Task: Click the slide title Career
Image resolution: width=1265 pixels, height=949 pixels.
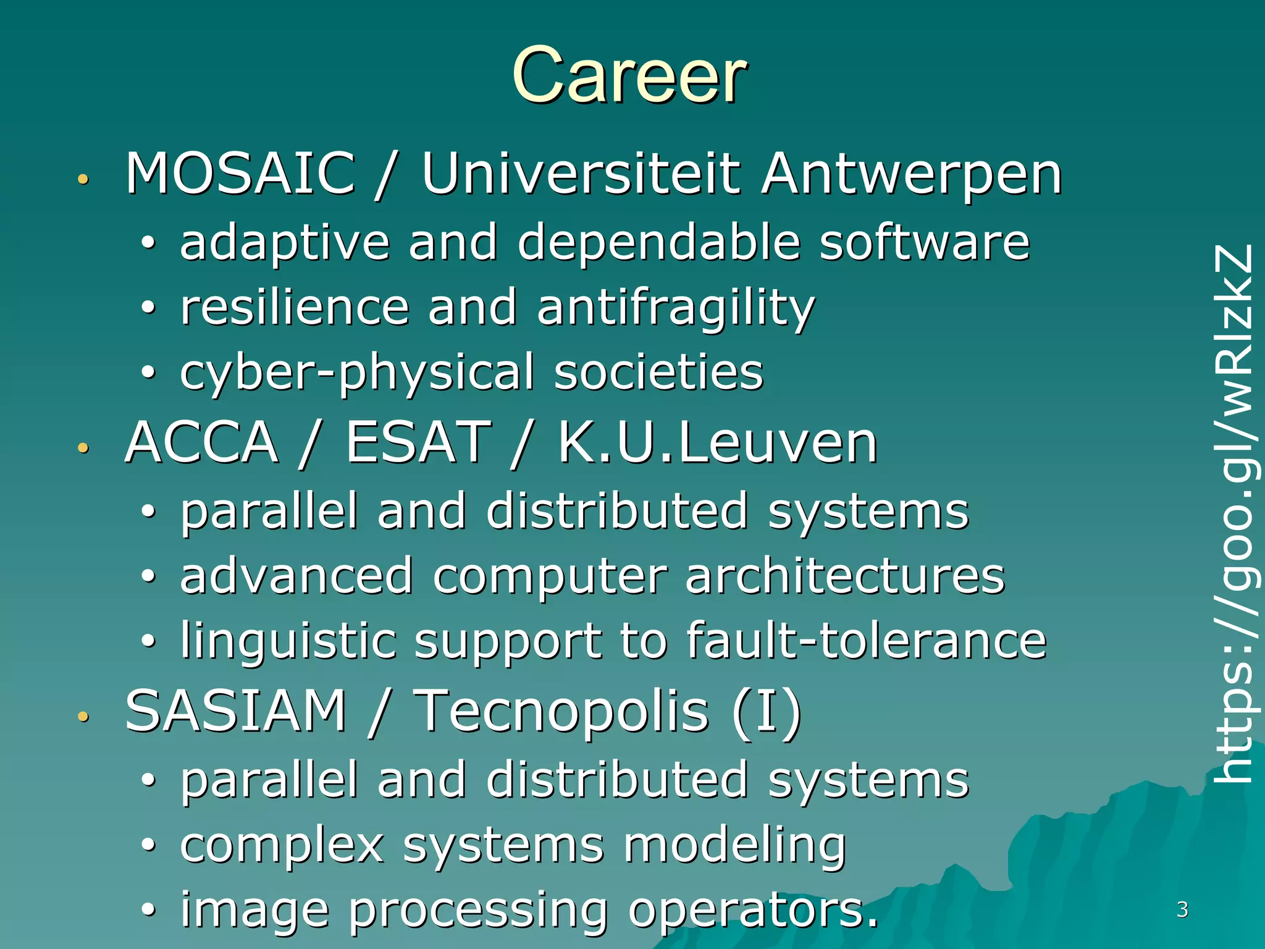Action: [x=629, y=75]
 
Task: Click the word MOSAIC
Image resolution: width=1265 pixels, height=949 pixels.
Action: [x=240, y=174]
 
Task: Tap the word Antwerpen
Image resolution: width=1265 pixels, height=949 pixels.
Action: [x=911, y=175]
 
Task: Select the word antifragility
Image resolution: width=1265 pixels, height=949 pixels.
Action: [x=676, y=308]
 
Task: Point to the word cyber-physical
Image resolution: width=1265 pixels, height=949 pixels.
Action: [x=357, y=373]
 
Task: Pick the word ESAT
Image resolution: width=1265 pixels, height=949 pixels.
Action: [x=418, y=442]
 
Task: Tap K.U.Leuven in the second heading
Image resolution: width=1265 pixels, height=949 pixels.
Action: [x=718, y=442]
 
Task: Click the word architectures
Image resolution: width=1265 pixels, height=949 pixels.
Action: [x=845, y=576]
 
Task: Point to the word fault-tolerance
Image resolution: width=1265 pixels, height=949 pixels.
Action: [x=866, y=640]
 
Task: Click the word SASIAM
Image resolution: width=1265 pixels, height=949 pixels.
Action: [x=235, y=711]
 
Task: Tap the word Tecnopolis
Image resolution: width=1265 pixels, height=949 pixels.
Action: [x=561, y=711]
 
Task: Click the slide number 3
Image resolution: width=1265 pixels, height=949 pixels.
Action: [x=1182, y=909]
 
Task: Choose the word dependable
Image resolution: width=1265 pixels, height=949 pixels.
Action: [x=659, y=242]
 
